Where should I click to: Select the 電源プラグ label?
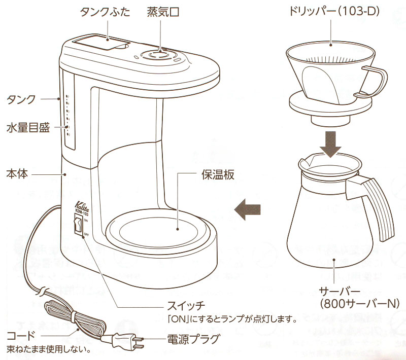pos(193,339)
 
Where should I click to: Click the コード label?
pos(21,336)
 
